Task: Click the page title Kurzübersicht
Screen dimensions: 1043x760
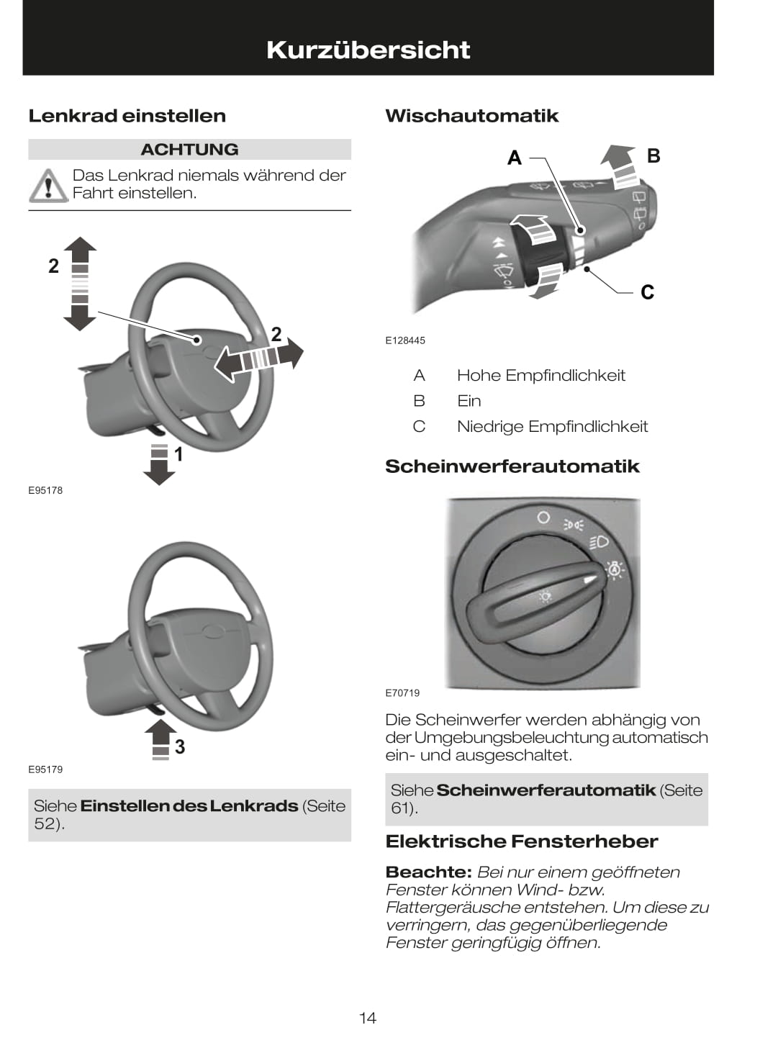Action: tap(368, 50)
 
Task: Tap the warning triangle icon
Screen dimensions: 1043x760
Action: tap(47, 185)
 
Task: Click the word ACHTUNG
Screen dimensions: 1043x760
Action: tap(189, 149)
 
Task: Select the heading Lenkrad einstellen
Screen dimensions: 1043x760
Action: tap(127, 116)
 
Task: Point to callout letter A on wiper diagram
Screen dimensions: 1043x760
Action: tap(515, 158)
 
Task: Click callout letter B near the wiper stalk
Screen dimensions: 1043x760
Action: tap(653, 155)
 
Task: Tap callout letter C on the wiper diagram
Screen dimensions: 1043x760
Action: tap(647, 292)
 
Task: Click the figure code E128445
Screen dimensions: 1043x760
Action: tap(405, 340)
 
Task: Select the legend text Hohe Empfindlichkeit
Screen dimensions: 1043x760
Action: tap(540, 375)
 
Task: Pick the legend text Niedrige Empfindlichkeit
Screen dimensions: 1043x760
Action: tap(552, 426)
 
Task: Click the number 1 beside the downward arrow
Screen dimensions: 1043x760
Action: tap(178, 454)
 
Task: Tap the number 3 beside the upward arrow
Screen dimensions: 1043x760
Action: tap(179, 747)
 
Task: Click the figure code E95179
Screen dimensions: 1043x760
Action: tap(45, 769)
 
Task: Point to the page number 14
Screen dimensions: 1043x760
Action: tap(368, 1018)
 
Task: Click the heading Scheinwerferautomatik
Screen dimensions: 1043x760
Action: tap(512, 466)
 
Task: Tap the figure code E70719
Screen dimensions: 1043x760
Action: tap(402, 693)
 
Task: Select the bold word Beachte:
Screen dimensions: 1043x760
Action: tap(428, 872)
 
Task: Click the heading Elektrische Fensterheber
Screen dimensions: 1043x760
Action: tap(522, 841)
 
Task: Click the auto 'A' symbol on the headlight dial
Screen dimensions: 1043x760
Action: tap(614, 570)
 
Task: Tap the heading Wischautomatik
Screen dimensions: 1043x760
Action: tap(471, 116)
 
